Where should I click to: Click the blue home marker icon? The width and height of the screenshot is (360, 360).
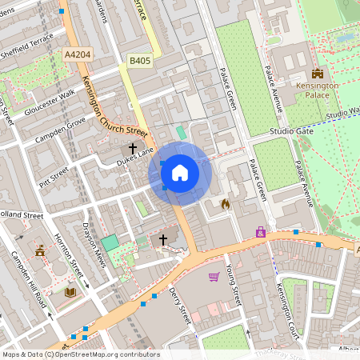[x=180, y=172]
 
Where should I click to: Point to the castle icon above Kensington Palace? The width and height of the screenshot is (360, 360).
[x=318, y=73]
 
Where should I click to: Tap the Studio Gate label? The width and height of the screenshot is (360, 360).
[x=291, y=130]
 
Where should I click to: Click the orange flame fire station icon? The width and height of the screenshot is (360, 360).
[x=225, y=204]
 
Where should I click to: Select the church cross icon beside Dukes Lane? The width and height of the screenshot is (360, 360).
[x=133, y=148]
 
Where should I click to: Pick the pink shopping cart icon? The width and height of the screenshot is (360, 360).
[x=214, y=277]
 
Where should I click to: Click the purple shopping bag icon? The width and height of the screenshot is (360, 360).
[x=260, y=232]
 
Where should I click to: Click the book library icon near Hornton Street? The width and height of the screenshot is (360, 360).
[x=70, y=292]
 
